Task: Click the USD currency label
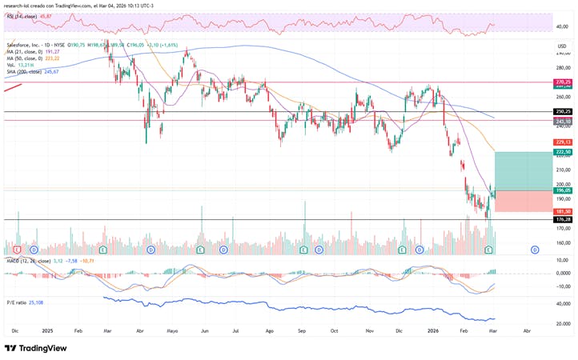562,46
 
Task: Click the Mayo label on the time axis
171,330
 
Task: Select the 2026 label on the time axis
432,330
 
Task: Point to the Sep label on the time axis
301,330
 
